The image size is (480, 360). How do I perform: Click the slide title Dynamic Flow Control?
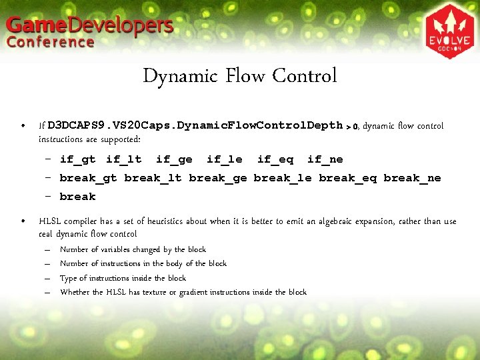[240, 76]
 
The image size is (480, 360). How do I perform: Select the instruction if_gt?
[77, 159]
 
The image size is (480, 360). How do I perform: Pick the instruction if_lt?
[124, 159]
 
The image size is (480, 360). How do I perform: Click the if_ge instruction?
[174, 159]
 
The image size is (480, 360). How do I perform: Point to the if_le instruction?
[225, 159]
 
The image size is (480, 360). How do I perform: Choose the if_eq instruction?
[275, 159]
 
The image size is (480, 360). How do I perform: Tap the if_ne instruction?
[325, 159]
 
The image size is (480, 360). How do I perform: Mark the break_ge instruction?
[218, 178]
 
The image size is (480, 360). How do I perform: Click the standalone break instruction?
[77, 197]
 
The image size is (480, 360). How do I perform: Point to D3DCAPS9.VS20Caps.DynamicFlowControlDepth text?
[195, 125]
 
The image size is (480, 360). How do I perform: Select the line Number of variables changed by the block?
[133, 249]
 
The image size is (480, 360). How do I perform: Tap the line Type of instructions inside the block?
[123, 278]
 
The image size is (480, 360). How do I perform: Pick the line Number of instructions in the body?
[143, 263]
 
